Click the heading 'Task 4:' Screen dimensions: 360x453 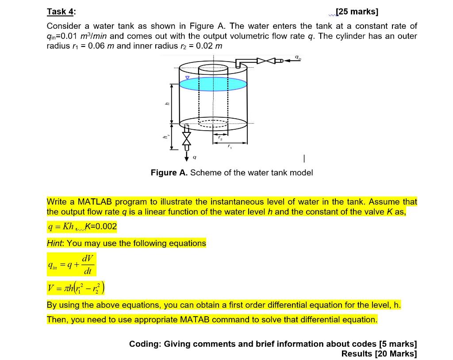click(61, 12)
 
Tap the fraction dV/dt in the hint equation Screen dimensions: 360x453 click(88, 265)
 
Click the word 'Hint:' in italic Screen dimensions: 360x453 click(56, 243)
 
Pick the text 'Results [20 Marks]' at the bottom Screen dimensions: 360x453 click(379, 353)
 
